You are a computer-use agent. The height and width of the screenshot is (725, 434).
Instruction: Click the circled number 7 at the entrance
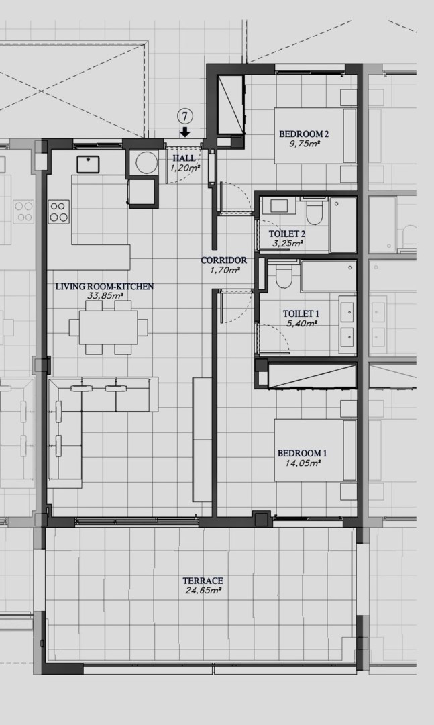(185, 117)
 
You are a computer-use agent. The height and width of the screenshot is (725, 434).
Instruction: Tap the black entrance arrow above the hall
(185, 132)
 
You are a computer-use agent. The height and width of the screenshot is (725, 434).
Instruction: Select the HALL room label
(184, 158)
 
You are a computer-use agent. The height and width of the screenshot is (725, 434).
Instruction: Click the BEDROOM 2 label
(304, 134)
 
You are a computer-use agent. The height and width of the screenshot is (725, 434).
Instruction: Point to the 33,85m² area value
(105, 296)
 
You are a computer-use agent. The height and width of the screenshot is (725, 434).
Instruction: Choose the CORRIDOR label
(223, 260)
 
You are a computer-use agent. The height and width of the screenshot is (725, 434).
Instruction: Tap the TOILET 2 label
(287, 234)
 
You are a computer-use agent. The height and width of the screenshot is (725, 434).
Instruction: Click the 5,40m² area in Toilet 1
(301, 324)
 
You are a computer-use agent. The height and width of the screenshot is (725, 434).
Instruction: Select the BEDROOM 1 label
(303, 453)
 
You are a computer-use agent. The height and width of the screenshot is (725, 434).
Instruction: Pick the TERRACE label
(203, 581)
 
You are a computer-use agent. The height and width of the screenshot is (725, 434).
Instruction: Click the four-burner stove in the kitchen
(59, 211)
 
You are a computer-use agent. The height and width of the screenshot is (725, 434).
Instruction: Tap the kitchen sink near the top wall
(88, 164)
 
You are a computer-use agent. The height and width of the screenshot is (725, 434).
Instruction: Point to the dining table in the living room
(109, 328)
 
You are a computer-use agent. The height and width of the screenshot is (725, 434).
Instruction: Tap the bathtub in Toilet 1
(329, 276)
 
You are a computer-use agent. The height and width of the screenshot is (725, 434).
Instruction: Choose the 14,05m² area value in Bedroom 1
(303, 463)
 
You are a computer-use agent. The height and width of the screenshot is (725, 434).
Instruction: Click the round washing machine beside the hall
(147, 162)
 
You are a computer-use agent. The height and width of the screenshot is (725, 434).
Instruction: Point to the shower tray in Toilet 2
(343, 225)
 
